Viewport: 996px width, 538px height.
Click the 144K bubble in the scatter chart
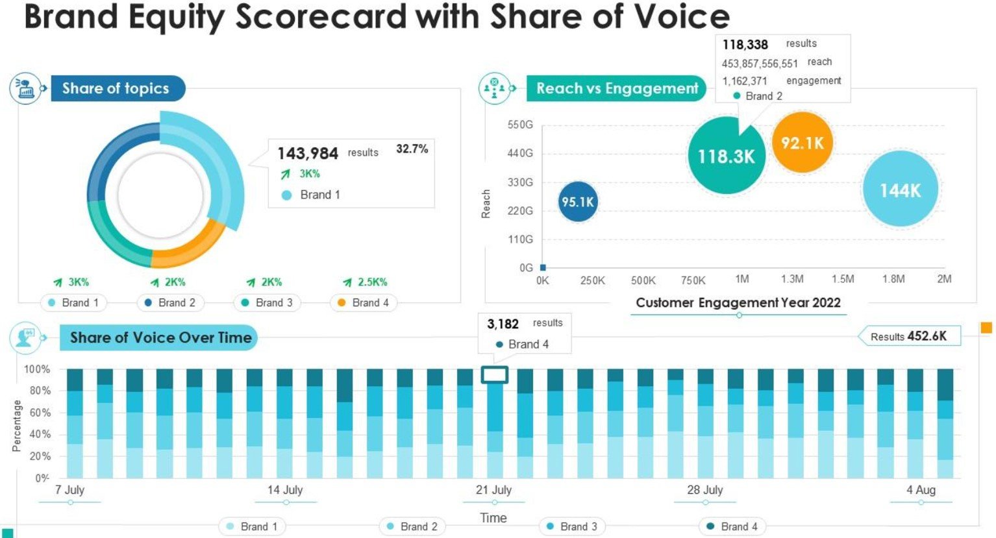tap(900, 190)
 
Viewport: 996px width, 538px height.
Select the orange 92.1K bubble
tap(802, 143)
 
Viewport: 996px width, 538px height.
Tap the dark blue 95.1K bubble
tap(577, 202)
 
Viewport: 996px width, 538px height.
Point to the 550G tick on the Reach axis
tap(520, 125)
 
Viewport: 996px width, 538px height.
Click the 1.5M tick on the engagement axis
tap(842, 279)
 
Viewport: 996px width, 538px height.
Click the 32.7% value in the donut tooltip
tap(412, 149)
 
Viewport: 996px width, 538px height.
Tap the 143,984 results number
tap(308, 154)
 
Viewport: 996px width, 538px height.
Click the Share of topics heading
tap(116, 88)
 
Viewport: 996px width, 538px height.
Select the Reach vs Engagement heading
tap(616, 88)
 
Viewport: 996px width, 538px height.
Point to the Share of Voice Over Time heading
tap(160, 337)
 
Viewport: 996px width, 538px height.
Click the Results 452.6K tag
tap(908, 336)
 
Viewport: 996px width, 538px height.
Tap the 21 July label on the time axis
tap(493, 490)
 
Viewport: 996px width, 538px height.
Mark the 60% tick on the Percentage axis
tap(37, 413)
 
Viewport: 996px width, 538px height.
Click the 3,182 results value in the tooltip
tap(503, 324)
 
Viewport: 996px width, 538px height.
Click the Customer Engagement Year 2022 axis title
tap(738, 302)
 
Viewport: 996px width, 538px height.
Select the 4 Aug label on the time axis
tap(921, 490)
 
